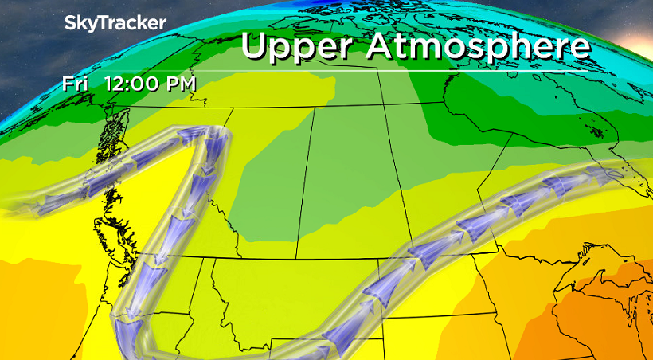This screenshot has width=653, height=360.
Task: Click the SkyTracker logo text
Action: [x=115, y=24]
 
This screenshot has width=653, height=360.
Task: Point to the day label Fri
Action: [x=75, y=83]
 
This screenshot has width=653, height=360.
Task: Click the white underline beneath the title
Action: [x=414, y=71]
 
